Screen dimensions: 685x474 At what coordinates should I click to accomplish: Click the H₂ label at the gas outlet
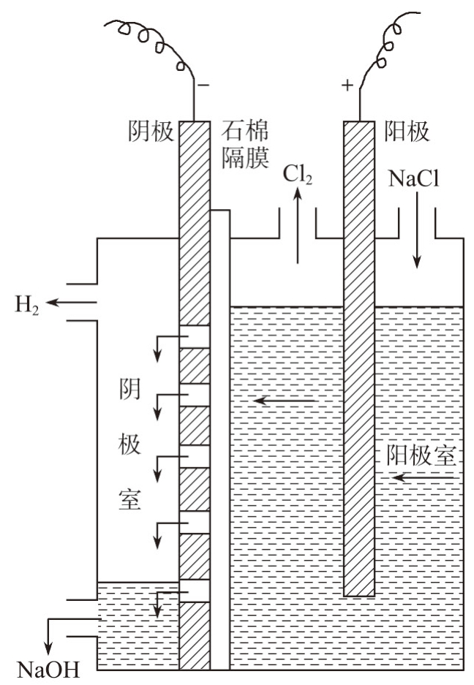[26, 302]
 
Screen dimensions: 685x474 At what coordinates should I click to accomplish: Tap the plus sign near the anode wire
[347, 86]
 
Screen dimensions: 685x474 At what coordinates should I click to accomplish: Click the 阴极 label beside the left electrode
[151, 132]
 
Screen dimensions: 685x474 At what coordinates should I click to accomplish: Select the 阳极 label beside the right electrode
[406, 132]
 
